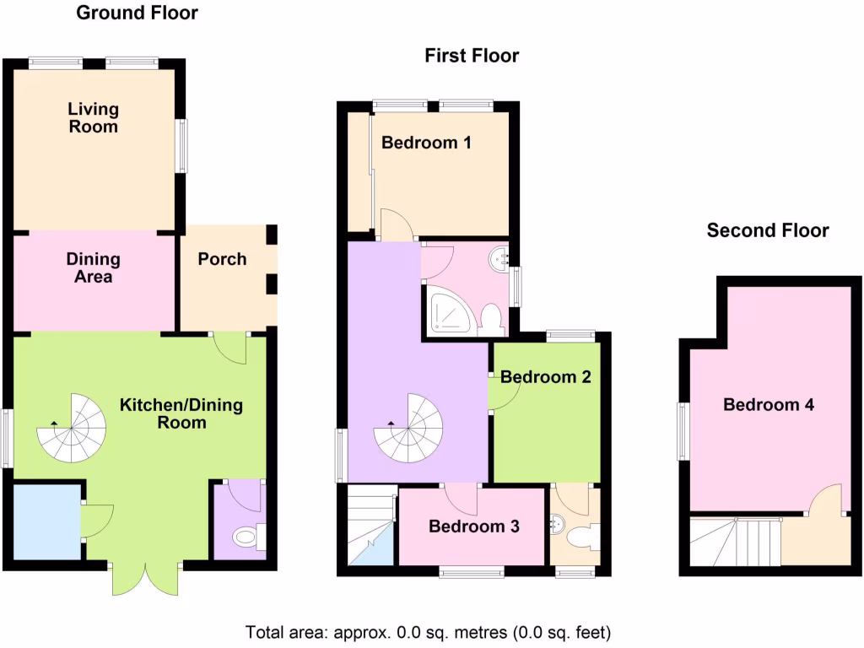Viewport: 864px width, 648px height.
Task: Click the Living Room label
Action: click(x=94, y=118)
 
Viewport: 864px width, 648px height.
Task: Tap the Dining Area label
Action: click(x=94, y=267)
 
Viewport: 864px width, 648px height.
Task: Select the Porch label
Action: click(x=222, y=259)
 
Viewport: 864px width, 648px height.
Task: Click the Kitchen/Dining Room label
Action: click(x=181, y=413)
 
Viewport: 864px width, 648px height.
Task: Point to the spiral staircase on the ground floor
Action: click(x=72, y=429)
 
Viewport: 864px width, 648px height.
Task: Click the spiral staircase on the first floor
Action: click(x=409, y=429)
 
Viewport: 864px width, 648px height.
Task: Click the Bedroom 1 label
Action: click(x=426, y=143)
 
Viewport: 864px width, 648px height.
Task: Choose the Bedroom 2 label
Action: click(x=546, y=377)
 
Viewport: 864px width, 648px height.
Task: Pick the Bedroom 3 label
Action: click(x=473, y=527)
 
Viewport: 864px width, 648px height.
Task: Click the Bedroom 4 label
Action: click(x=769, y=405)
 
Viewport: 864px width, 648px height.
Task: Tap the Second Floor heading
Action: click(x=768, y=230)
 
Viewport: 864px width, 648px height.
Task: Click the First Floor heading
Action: click(x=472, y=56)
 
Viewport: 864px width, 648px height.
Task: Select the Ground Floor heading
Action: click(x=138, y=13)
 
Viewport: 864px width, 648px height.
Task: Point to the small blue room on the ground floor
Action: click(x=46, y=521)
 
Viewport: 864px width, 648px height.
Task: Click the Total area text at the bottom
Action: click(x=428, y=632)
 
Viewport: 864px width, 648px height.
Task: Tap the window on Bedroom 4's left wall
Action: click(x=684, y=430)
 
